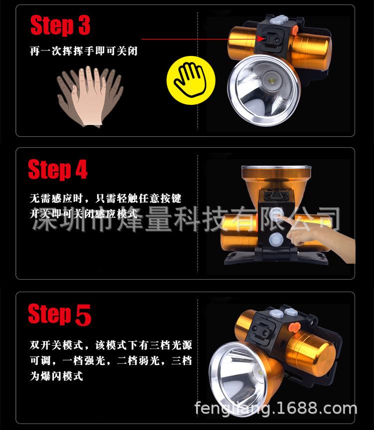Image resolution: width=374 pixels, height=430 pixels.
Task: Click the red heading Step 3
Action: coord(60,25)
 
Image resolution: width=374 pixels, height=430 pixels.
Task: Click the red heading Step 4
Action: coord(58,170)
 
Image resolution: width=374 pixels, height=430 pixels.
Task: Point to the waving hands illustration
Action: coord(90,95)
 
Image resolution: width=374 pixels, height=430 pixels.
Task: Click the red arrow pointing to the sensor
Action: coord(199,38)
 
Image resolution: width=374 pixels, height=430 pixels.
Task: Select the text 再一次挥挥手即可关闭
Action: coord(83,51)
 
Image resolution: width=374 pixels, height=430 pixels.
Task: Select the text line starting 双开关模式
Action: coord(110,345)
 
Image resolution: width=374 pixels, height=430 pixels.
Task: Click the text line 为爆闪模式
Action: coord(56,376)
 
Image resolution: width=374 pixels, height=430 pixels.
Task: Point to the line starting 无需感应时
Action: coord(105,199)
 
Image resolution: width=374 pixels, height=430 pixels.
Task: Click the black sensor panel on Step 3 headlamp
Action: coord(271,39)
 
